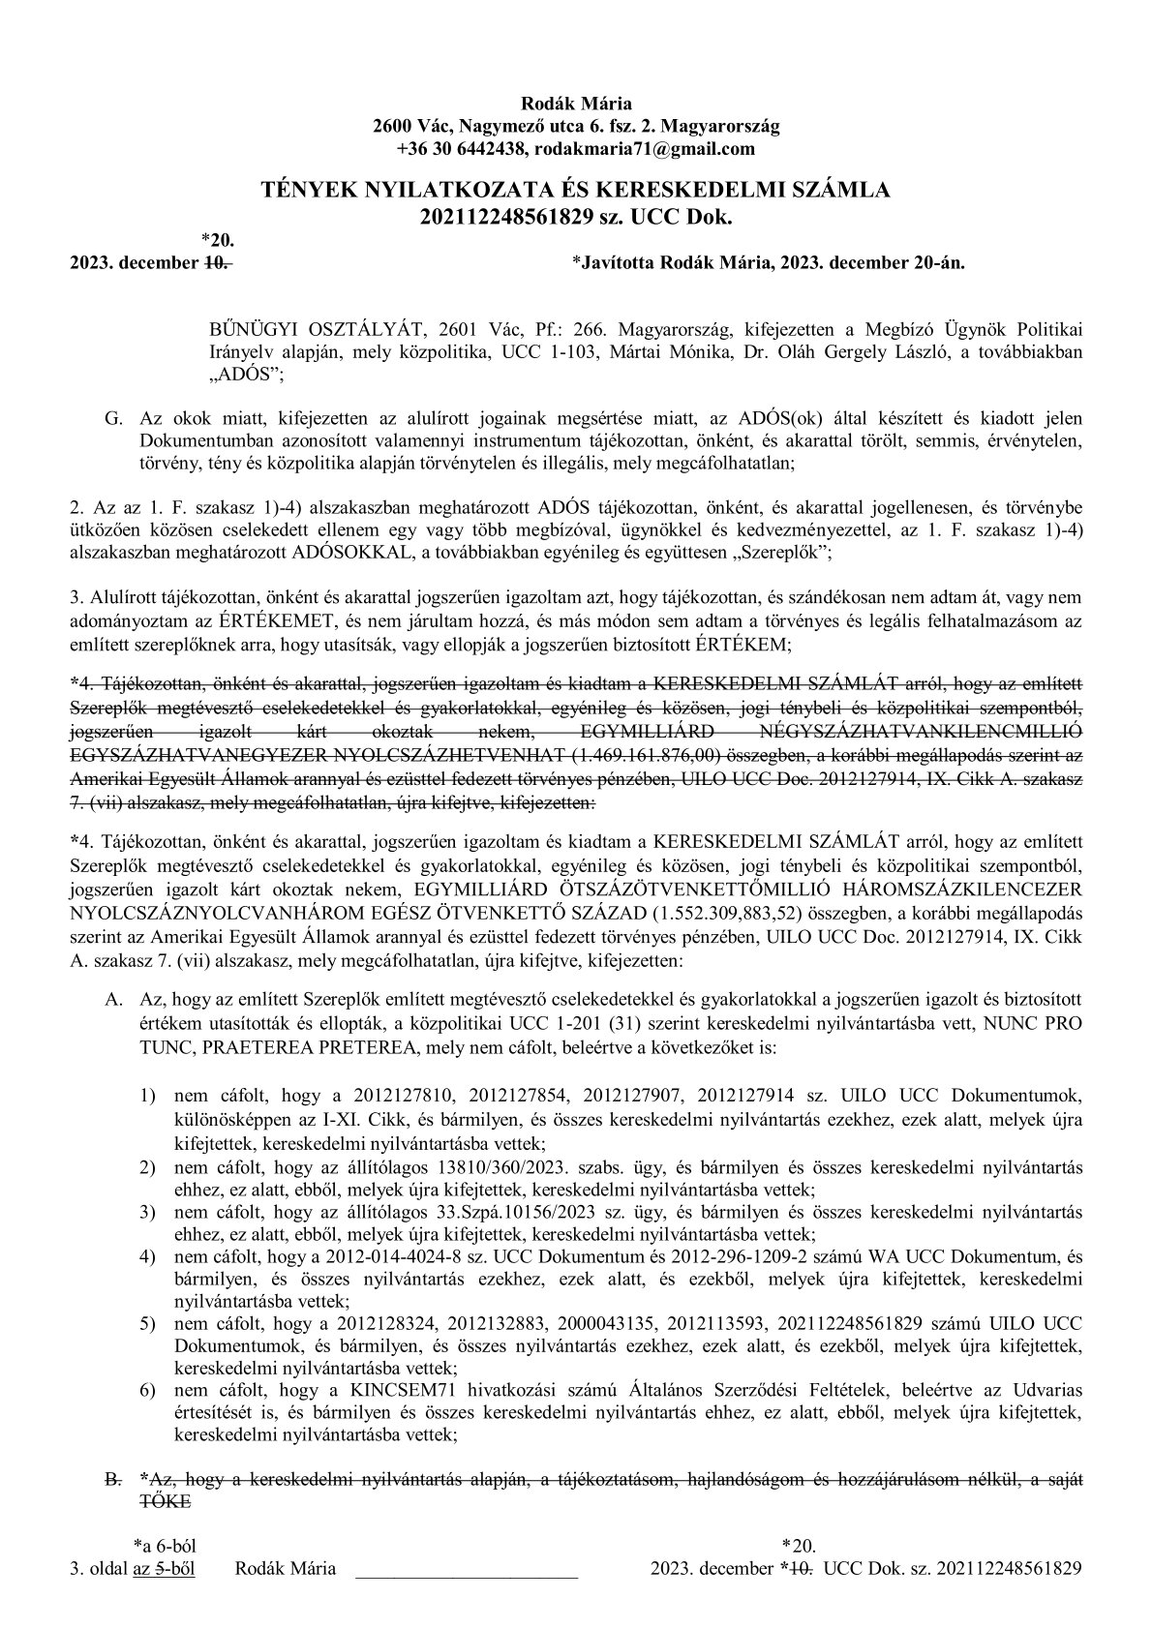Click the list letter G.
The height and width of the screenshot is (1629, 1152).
[x=111, y=418]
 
